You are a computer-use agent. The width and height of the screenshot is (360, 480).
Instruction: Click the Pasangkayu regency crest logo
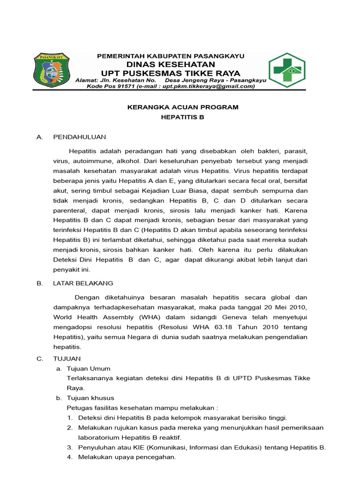52,70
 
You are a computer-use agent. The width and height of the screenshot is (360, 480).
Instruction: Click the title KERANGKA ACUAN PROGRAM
183,107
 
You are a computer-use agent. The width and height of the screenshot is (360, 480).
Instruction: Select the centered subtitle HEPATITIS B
183,118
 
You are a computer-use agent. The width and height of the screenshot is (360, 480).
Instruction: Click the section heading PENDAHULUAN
80,137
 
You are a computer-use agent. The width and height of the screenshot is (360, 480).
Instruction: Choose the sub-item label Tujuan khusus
90,398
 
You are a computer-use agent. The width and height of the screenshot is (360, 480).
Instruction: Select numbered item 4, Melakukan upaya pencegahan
127,457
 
